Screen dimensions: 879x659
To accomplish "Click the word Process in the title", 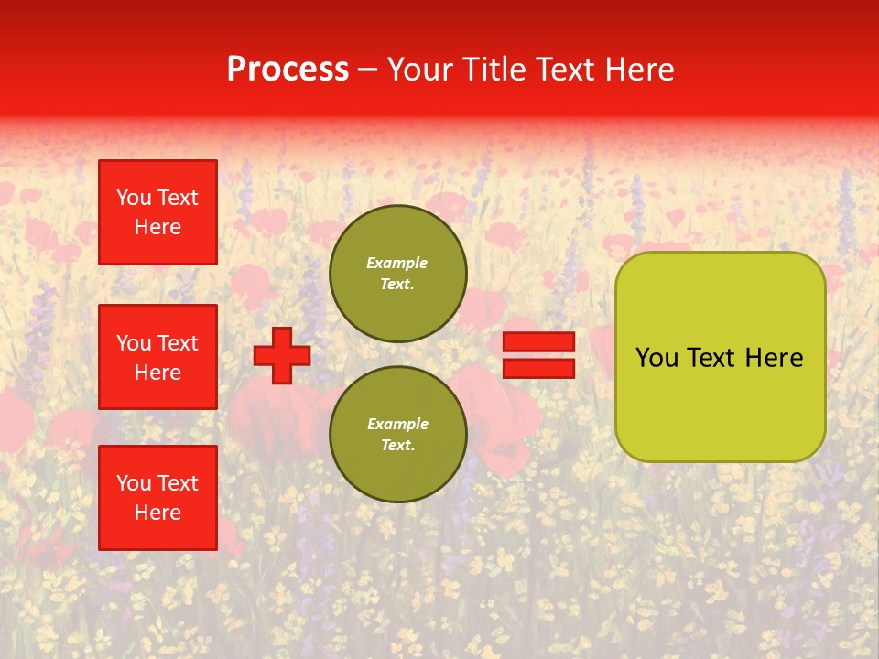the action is point(288,70).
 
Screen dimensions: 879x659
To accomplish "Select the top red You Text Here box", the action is point(157,212).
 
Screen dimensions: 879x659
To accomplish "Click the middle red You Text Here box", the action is point(157,357).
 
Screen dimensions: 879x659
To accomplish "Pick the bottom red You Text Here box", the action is point(157,498).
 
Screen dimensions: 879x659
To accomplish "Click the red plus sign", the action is point(282,355).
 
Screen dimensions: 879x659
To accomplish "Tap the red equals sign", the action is point(539,355).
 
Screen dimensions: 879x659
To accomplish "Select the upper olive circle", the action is point(397,274).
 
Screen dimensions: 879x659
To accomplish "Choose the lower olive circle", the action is point(397,435).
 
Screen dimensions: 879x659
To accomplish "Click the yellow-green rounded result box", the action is point(720,357).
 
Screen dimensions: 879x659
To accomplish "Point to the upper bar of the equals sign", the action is point(539,341).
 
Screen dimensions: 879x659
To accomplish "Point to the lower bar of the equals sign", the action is point(539,369).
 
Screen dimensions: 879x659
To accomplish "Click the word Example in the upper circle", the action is point(397,263).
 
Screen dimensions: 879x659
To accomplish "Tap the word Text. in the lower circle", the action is point(397,445).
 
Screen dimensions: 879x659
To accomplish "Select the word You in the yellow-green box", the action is point(656,357).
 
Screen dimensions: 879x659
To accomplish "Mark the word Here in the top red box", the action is point(157,227).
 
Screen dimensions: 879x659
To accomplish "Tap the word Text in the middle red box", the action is point(178,343).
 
